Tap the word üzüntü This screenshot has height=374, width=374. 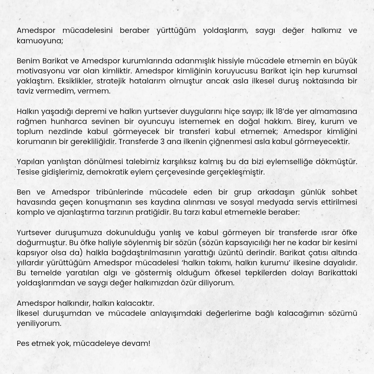pos(262,253)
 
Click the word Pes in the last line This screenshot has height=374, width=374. pos(23,344)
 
